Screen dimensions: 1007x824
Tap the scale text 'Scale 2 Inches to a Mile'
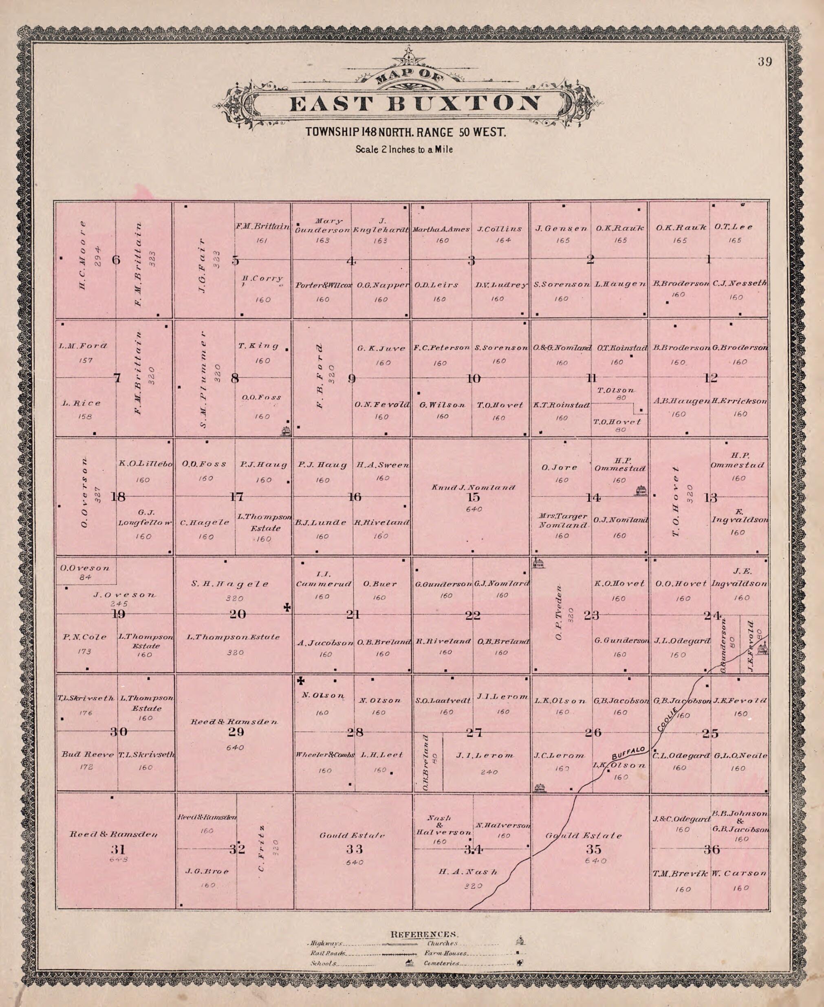click(x=404, y=150)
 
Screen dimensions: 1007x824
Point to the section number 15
click(x=473, y=497)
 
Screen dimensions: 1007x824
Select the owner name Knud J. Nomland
click(x=473, y=487)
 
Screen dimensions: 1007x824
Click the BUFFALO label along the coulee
click(x=628, y=753)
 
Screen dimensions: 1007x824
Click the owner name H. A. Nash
click(x=467, y=872)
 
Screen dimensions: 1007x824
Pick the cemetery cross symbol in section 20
click(x=287, y=607)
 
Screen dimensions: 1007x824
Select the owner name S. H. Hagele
click(x=230, y=584)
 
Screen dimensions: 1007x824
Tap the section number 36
click(x=712, y=849)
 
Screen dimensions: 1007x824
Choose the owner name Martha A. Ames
click(x=441, y=229)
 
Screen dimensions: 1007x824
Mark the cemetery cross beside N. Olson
click(x=300, y=681)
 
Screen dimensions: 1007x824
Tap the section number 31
click(x=117, y=847)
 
